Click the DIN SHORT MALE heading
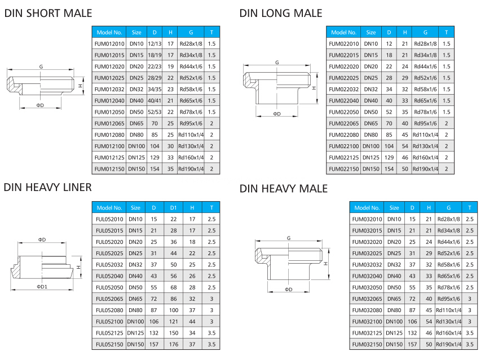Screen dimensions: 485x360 [x=48, y=14]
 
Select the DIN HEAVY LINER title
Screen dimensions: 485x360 [x=47, y=187]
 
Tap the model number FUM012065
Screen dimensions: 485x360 [x=109, y=123]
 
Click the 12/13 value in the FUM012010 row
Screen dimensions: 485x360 [x=155, y=44]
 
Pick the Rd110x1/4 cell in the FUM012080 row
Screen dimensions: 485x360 [x=191, y=135]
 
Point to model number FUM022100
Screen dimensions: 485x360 [x=343, y=146]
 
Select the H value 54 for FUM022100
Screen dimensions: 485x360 [x=405, y=146]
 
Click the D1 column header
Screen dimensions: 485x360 [x=173, y=208]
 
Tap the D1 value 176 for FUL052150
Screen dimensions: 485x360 [x=174, y=344]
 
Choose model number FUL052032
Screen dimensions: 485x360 [x=109, y=265]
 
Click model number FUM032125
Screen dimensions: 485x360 [x=367, y=333]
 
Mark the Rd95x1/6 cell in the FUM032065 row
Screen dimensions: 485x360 [x=448, y=299]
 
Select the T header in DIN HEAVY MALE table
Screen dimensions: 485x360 [x=470, y=208]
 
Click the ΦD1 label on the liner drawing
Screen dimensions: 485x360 [x=42, y=286]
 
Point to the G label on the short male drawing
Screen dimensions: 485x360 [x=41, y=66]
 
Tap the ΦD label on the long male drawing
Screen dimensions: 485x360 [x=277, y=114]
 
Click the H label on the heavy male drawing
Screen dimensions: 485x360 [x=326, y=264]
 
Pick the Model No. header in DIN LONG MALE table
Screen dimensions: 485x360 [x=343, y=33]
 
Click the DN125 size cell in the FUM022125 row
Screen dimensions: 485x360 [x=371, y=158]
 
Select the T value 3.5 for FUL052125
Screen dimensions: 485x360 [x=211, y=333]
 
